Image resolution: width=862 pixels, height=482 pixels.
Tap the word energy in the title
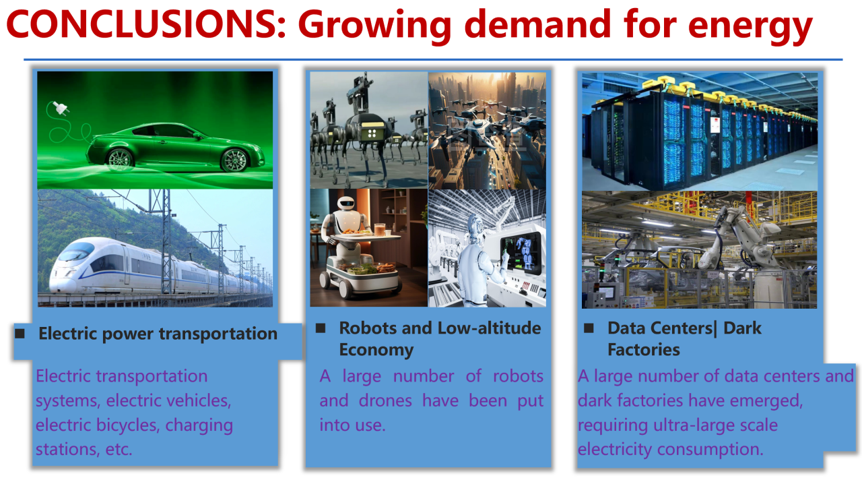point(750,27)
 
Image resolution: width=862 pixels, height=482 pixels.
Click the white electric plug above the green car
point(61,108)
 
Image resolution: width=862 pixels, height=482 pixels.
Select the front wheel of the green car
point(234,160)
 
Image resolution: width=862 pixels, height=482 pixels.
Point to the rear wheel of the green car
point(120,159)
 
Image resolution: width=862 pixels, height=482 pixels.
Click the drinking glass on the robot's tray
point(379,230)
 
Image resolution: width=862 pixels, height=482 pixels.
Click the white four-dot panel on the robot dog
point(372,133)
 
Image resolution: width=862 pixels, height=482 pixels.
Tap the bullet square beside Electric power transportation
point(20,333)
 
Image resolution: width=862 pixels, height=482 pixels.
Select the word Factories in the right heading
point(643,350)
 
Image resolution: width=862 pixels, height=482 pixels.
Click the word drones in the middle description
point(385,400)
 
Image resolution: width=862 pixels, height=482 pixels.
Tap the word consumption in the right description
point(710,450)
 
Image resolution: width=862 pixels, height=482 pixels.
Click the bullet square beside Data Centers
point(589,328)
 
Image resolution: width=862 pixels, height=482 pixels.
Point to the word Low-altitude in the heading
point(489,328)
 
